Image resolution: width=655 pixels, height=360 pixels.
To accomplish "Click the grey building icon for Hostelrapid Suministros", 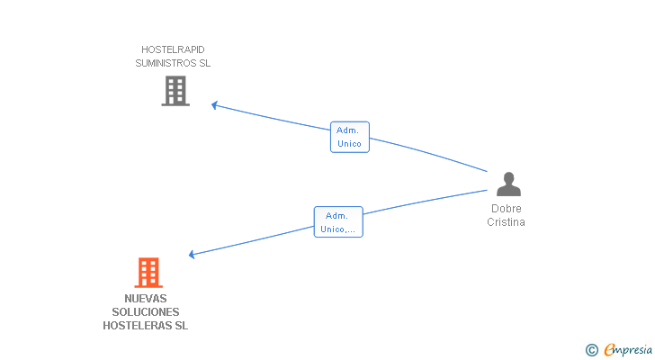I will pyautogui.click(x=175, y=91).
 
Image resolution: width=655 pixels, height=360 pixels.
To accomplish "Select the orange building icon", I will pyautogui.click(x=148, y=272).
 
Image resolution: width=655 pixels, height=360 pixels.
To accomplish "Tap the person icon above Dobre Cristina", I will pyautogui.click(x=508, y=184).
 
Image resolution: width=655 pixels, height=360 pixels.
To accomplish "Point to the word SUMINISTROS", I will pyautogui.click(x=165, y=64).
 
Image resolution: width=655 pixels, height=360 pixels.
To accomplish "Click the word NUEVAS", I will pyautogui.click(x=146, y=299).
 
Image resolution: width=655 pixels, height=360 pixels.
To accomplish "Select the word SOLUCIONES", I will pyautogui.click(x=146, y=312).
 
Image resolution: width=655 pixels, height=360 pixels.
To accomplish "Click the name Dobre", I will pyautogui.click(x=507, y=209).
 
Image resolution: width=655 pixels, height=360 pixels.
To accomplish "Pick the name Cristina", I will pyautogui.click(x=507, y=222).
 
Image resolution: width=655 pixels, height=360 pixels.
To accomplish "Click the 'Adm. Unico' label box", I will pyautogui.click(x=349, y=137).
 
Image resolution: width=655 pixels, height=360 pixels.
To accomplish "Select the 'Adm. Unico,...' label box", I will pyautogui.click(x=338, y=222).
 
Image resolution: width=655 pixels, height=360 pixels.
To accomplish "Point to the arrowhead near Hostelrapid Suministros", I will pyautogui.click(x=214, y=105).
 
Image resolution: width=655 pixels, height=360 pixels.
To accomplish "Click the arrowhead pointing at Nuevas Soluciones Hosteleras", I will pyautogui.click(x=192, y=255).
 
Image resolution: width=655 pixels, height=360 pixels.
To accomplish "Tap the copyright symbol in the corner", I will pyautogui.click(x=591, y=350).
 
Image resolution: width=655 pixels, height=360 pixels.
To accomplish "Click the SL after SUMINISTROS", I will pyautogui.click(x=204, y=64).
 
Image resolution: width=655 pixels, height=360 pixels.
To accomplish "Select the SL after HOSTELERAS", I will pyautogui.click(x=181, y=326).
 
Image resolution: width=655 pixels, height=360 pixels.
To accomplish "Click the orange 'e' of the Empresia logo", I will pyautogui.click(x=609, y=350).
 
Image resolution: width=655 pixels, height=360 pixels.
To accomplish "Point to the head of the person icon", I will pyautogui.click(x=508, y=177).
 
